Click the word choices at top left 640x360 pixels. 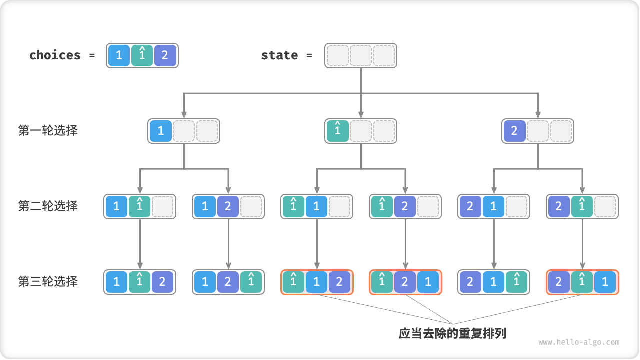(x=55, y=55)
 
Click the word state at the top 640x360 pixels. (x=279, y=55)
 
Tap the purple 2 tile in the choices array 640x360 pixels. (x=165, y=55)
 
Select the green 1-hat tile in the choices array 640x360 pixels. (x=142, y=55)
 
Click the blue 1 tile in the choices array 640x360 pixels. (x=119, y=55)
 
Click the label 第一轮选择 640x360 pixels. (x=48, y=131)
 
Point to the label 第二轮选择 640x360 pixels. (x=48, y=206)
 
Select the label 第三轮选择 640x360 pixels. (x=48, y=281)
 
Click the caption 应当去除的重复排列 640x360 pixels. (x=452, y=333)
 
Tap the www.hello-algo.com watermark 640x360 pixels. (x=579, y=342)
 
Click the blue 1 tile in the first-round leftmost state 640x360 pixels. (x=161, y=131)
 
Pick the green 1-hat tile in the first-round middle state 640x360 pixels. (x=338, y=131)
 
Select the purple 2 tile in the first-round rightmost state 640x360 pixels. (x=515, y=131)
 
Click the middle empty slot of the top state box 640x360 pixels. (x=361, y=55)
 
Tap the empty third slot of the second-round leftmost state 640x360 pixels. (x=162, y=206)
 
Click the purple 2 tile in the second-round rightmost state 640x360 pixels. (x=559, y=206)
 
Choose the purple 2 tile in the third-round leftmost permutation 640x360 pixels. (x=162, y=282)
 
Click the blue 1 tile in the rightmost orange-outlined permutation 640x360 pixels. (x=605, y=282)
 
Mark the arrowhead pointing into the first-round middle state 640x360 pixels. (x=361, y=115)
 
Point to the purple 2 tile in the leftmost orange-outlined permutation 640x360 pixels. (x=339, y=282)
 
